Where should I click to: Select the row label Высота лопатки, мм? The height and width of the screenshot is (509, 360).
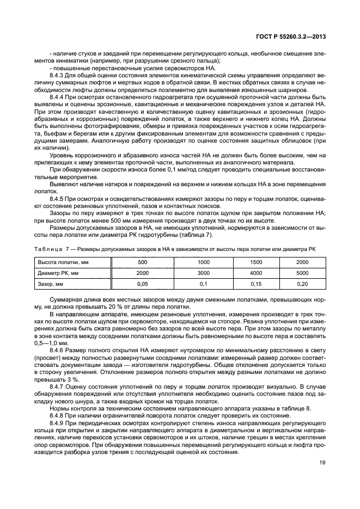[59, 262]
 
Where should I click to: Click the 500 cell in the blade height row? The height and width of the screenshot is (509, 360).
[143, 262]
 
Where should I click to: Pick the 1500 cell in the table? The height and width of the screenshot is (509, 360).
[255, 262]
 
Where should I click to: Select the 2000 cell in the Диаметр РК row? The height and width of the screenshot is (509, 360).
[143, 272]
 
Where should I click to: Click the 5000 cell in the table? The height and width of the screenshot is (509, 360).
[302, 272]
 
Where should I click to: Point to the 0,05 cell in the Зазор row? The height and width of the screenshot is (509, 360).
[143, 284]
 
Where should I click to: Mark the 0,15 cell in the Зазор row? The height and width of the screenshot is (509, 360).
[255, 284]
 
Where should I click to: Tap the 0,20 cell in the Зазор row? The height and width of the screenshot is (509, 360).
[302, 284]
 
